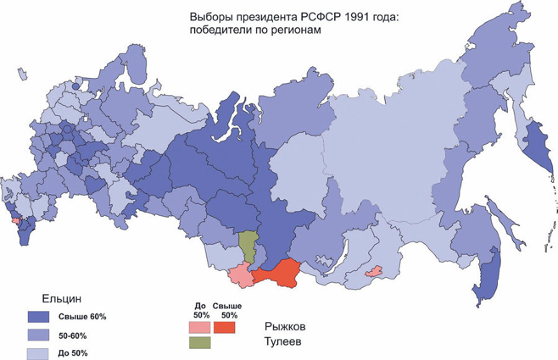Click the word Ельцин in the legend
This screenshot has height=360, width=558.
click(x=61, y=298)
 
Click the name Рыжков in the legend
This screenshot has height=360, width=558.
click(x=286, y=326)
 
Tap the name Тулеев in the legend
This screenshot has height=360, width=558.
click(x=285, y=341)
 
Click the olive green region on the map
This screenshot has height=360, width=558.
click(x=248, y=245)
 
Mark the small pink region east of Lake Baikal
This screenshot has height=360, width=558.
click(x=374, y=271)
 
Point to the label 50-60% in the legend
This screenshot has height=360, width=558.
click(x=73, y=336)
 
